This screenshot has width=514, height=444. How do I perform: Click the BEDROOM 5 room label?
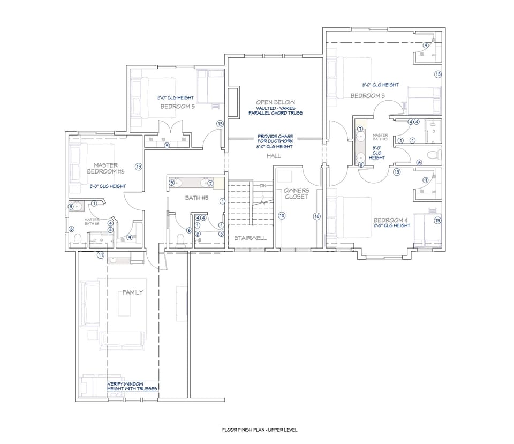[177, 107]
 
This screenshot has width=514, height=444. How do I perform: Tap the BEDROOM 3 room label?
[368, 95]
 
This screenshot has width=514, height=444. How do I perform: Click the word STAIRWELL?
[250, 237]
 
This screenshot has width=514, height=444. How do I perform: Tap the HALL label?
[274, 156]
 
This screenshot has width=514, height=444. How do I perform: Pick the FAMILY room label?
[133, 292]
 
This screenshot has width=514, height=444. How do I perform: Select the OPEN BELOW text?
[275, 102]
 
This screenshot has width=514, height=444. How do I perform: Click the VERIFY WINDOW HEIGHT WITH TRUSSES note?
[132, 386]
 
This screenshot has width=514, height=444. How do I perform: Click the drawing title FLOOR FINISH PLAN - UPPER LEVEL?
[260, 430]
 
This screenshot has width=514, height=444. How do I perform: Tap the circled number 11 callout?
[100, 255]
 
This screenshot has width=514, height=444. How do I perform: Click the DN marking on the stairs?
[263, 185]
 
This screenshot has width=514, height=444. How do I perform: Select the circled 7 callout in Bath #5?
[211, 183]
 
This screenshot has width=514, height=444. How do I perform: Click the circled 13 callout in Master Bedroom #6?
[138, 167]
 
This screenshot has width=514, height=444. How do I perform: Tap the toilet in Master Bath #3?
[436, 155]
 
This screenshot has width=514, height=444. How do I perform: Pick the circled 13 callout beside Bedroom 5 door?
[220, 124]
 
